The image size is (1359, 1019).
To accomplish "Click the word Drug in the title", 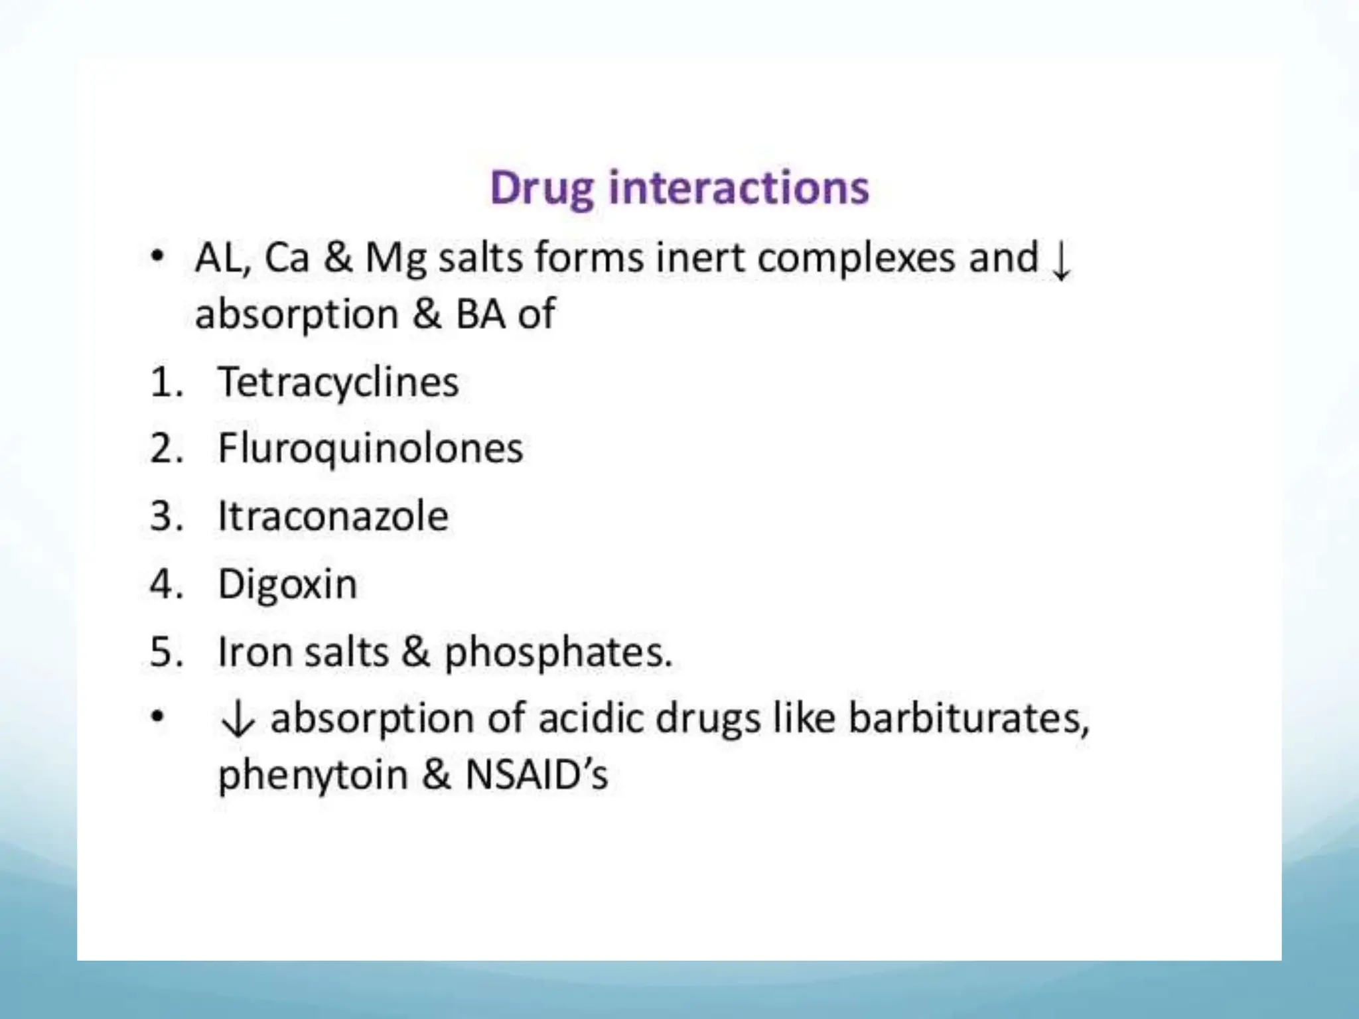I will pos(541,188).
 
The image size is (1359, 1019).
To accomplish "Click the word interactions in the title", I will pos(738,187).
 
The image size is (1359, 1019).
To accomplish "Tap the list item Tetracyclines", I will pos(338,383).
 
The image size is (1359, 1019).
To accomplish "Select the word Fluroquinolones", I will pos(370,448).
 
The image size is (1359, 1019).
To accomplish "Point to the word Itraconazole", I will pos(333,516).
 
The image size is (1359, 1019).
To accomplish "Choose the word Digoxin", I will pos(287,584).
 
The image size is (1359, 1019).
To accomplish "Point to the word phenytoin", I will pos(313,775).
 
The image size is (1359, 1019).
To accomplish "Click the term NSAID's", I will pos(536,774).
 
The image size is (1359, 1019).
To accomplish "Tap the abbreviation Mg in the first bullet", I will pos(395,259).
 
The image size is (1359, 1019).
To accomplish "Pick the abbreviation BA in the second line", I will pos(480,314).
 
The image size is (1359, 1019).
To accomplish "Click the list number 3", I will pos(162,516).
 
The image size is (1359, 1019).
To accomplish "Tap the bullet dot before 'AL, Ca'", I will pos(157,256).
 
